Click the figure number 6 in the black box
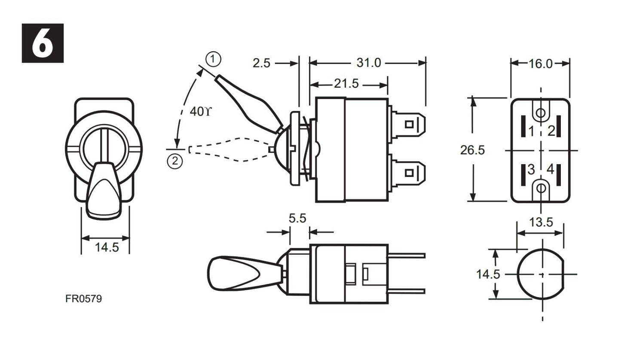(x=43, y=43)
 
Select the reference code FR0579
(x=84, y=299)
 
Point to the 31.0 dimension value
(x=368, y=63)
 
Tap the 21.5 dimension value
(x=346, y=83)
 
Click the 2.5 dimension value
(x=261, y=63)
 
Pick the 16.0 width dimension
(x=540, y=64)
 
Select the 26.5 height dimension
(x=472, y=150)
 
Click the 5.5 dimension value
(x=297, y=218)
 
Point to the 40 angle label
(x=200, y=112)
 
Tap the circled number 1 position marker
(x=213, y=59)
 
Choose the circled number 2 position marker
(x=174, y=161)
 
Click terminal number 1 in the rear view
(x=531, y=131)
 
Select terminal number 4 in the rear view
(x=550, y=170)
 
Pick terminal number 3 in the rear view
(x=531, y=170)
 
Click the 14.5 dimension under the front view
(x=107, y=247)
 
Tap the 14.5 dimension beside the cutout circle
(x=488, y=274)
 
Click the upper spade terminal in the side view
(x=408, y=124)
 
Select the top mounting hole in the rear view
(x=541, y=113)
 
